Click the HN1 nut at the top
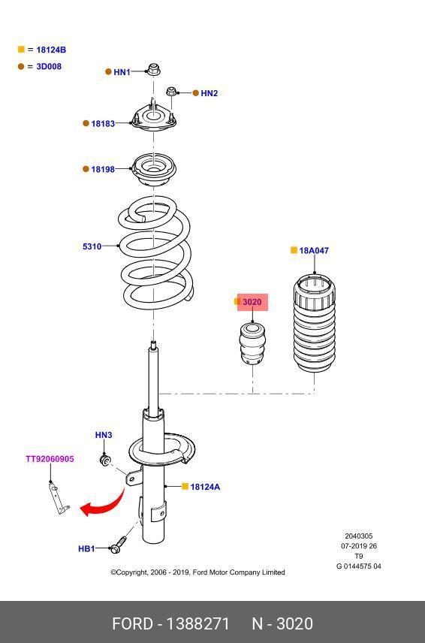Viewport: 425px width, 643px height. point(153,70)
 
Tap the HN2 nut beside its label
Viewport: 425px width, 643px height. point(172,92)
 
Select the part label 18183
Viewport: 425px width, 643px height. point(103,123)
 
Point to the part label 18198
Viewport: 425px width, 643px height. point(103,169)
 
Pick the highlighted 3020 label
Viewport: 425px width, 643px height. point(252,302)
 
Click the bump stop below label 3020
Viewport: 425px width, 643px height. point(252,343)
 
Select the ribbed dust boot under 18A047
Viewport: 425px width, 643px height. point(315,323)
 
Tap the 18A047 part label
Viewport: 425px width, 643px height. point(314,251)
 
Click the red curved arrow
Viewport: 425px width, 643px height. point(110,503)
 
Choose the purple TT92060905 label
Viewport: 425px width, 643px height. point(50,459)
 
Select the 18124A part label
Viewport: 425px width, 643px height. point(205,487)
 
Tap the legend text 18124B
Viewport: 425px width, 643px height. point(51,50)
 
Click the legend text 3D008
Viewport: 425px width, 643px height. point(49,66)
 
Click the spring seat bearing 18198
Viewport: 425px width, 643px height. point(153,169)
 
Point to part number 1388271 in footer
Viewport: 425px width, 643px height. point(197,623)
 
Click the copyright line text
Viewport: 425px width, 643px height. point(197,572)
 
